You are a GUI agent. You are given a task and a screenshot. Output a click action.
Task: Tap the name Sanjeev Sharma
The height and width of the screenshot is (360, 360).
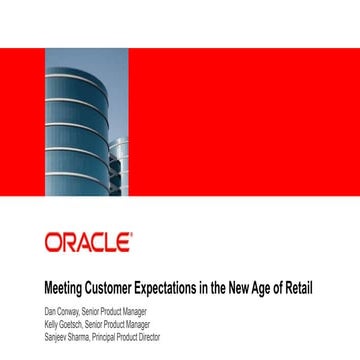point(68,325)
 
